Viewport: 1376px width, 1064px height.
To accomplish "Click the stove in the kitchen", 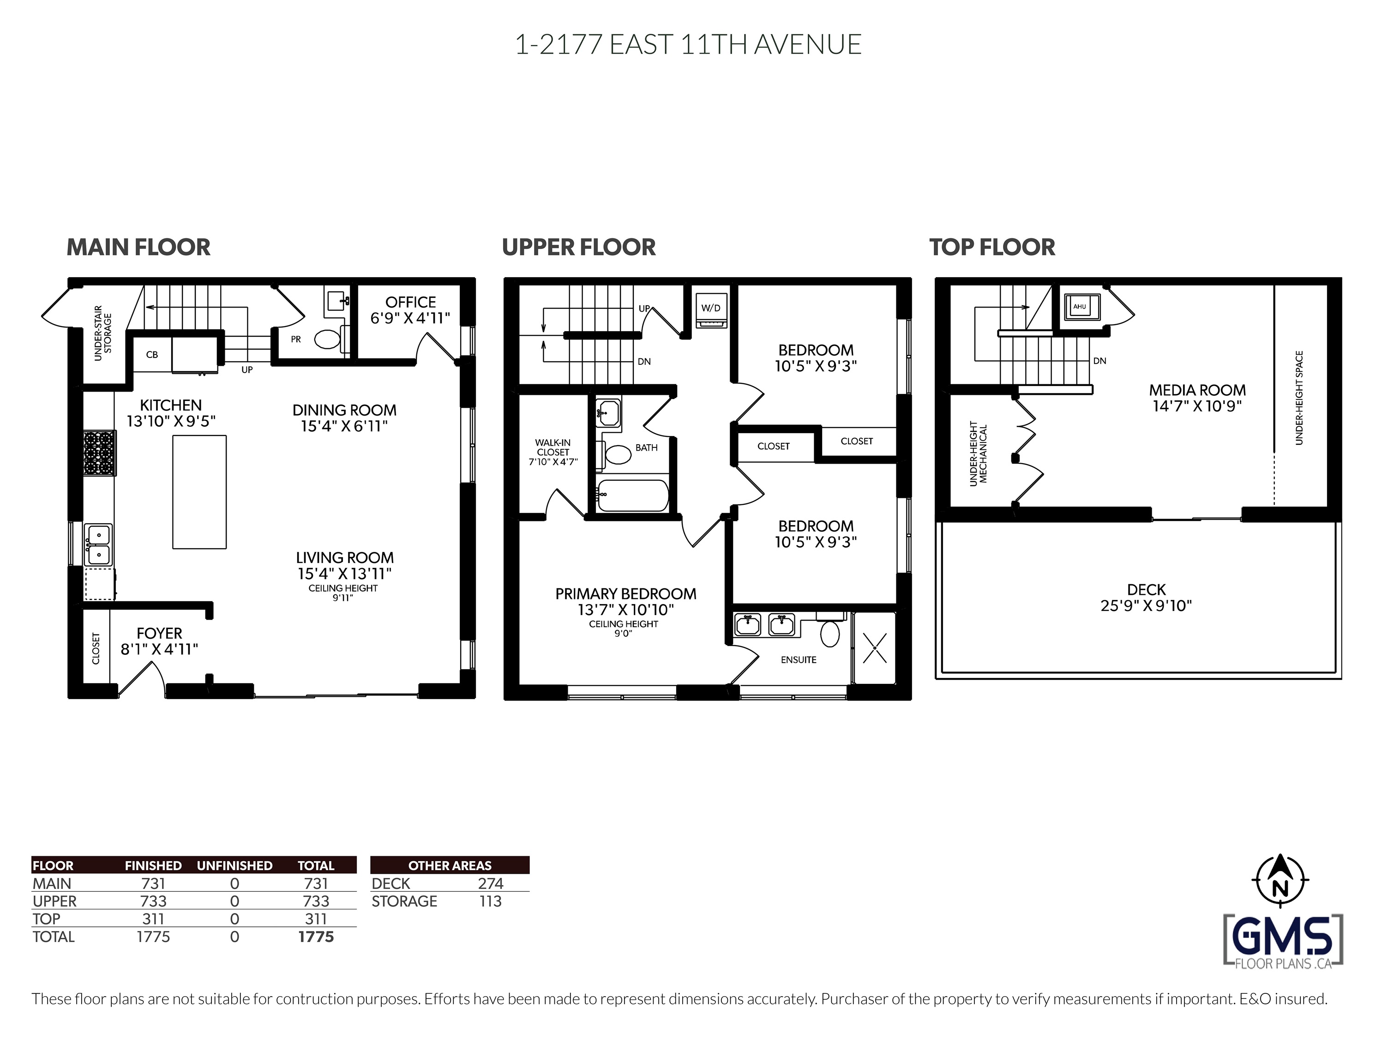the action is pos(100,453).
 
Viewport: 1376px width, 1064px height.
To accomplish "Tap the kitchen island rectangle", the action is pos(199,492).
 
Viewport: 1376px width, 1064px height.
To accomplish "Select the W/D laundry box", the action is pos(711,311).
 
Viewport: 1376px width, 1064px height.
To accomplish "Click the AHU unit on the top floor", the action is pos(1080,307).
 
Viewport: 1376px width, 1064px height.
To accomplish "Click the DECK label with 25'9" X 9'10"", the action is pos(1146,598).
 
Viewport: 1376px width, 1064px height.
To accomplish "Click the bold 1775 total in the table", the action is pos(316,937).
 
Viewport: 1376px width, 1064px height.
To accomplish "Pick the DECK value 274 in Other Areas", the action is pos(490,884).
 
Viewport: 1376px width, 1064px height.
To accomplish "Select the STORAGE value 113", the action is pos(490,901).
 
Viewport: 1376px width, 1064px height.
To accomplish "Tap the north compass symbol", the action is pos(1280,880).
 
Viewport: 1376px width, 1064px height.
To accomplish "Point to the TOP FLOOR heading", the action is pos(992,247).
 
